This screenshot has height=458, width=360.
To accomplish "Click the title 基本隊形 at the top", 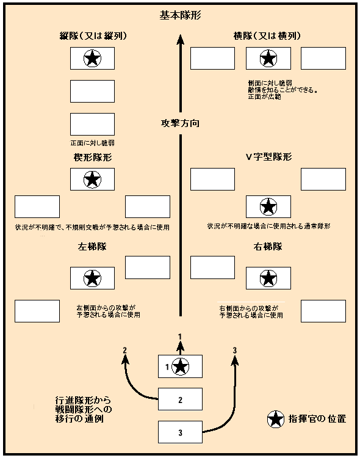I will [179, 16].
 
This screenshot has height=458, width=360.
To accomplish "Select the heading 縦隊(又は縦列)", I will [93, 35].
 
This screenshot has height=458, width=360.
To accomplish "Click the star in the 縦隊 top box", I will [92, 59].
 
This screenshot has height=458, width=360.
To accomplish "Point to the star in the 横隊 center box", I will [267, 59].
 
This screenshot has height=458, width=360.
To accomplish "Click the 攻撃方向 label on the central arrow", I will [179, 123].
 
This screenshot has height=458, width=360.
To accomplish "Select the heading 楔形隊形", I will [93, 157].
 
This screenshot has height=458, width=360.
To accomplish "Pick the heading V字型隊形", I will [268, 157].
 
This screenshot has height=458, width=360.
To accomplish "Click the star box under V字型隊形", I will [267, 207].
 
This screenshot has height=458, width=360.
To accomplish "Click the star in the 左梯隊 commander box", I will [92, 278].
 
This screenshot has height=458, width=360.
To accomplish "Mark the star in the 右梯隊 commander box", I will [267, 278].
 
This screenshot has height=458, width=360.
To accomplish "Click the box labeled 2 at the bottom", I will [180, 400].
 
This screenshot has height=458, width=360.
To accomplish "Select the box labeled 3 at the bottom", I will [180, 433].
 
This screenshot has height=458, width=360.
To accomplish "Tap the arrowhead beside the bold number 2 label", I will [124, 360].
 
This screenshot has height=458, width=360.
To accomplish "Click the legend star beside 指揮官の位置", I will [276, 419].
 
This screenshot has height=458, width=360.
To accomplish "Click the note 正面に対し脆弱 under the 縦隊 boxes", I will [93, 143].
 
